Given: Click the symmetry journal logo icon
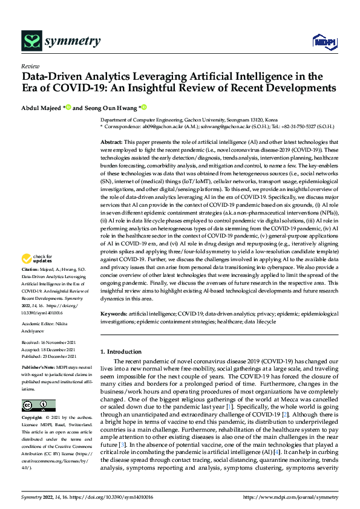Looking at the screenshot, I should point(31,41).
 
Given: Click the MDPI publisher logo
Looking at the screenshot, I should point(324,41).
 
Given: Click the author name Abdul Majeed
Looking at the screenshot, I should point(41,108).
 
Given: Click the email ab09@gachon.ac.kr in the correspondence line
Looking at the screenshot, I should point(157,128).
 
